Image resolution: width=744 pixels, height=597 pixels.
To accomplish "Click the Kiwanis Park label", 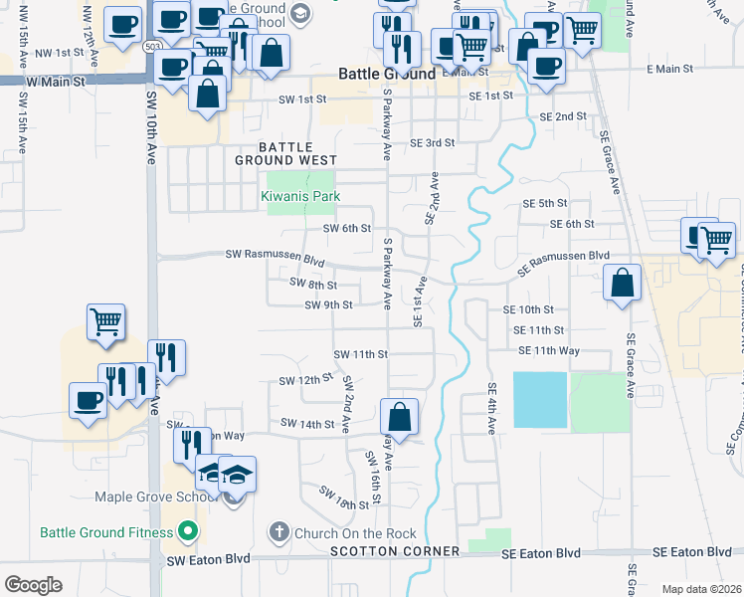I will pyautogui.click(x=300, y=197).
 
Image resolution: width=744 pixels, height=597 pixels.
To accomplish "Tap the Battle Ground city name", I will pyautogui.click(x=387, y=74).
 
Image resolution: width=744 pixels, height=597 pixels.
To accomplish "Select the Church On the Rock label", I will pyautogui.click(x=355, y=533).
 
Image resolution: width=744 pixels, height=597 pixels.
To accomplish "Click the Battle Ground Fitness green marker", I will pyautogui.click(x=184, y=532).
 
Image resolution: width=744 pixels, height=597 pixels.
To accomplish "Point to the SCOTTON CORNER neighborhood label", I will pyautogui.click(x=395, y=551).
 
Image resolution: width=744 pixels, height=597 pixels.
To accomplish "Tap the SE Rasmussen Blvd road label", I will pyautogui.click(x=564, y=256).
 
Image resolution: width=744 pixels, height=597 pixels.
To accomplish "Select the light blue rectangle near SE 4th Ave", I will pyautogui.click(x=539, y=400).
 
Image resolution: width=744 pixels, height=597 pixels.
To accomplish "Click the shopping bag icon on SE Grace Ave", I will pyautogui.click(x=623, y=282).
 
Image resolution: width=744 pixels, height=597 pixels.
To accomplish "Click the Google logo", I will pyautogui.click(x=33, y=585).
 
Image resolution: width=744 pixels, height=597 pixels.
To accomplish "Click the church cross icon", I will pyautogui.click(x=280, y=533).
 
